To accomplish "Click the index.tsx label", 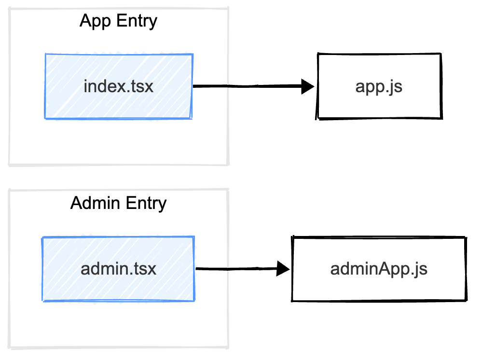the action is tap(118, 86).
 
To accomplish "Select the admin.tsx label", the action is tap(118, 269).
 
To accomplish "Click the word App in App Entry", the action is tap(95, 22).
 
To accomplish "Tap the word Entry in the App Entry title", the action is tap(137, 22).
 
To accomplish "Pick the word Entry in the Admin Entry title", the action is tap(146, 204).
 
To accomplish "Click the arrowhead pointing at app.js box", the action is tap(307, 86).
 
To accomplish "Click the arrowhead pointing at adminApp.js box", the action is tap(283, 269).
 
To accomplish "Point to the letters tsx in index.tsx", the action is tap(141, 87).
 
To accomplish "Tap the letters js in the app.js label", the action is tap(396, 88).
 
